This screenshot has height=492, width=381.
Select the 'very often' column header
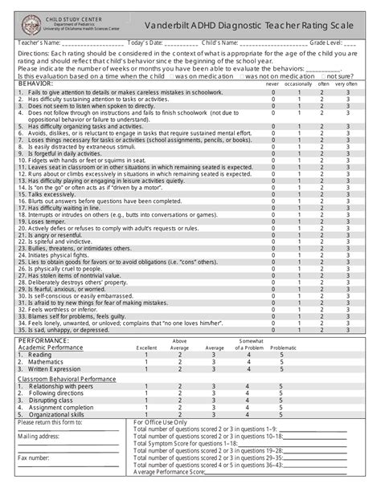(x=347, y=83)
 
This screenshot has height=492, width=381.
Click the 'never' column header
(x=272, y=83)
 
